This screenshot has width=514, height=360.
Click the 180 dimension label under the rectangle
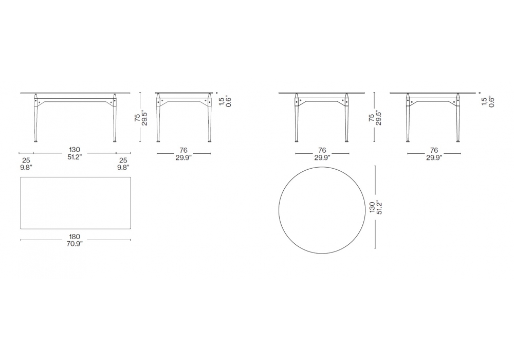pyautogui.click(x=75, y=237)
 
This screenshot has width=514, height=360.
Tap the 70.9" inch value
pyautogui.click(x=75, y=243)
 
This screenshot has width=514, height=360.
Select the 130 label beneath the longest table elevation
pyautogui.click(x=75, y=150)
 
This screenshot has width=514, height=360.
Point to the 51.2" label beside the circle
pyautogui.click(x=380, y=207)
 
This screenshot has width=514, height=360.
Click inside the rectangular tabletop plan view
pyautogui.click(x=76, y=203)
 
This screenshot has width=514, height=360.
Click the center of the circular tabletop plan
pyautogui.click(x=322, y=210)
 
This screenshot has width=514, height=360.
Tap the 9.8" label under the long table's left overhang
pyautogui.click(x=26, y=167)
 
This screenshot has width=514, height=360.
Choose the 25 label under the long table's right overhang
pyautogui.click(x=123, y=160)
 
